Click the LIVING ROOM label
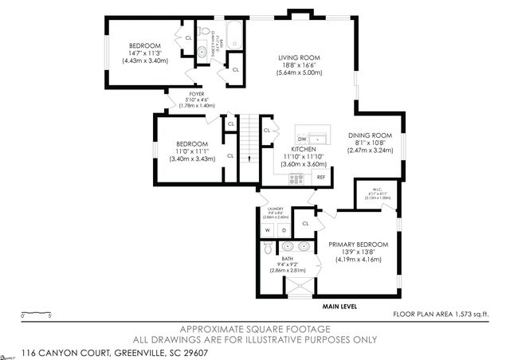[299, 58]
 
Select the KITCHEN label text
[304, 149]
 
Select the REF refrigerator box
[321, 176]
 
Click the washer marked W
[268, 231]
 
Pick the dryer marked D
[283, 231]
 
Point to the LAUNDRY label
[276, 211]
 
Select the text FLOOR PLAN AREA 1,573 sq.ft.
[441, 315]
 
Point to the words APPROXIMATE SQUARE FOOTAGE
[254, 328]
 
